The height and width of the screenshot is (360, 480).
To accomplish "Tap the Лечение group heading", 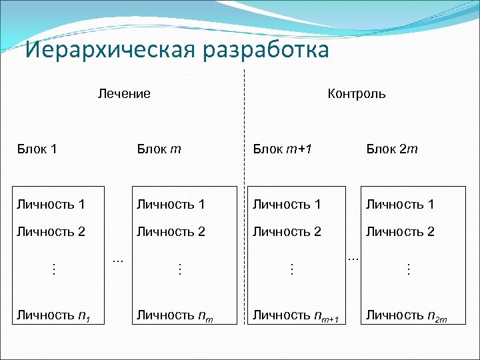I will [x=124, y=93].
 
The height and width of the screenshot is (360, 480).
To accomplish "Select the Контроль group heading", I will [x=357, y=93].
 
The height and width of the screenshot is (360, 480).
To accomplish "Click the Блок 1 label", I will [x=37, y=149].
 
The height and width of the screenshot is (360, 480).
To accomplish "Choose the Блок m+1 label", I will [x=283, y=149].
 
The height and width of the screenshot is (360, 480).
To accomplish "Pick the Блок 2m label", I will [x=392, y=149].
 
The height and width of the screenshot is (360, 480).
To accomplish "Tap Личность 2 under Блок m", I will [x=170, y=232].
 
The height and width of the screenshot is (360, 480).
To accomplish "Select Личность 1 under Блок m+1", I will [x=287, y=204].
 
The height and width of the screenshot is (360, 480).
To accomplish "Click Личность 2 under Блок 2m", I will [x=400, y=232].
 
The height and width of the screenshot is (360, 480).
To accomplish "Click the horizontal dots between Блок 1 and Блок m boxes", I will [x=118, y=258].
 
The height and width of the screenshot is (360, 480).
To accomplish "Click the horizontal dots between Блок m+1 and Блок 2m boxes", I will [x=354, y=257].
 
